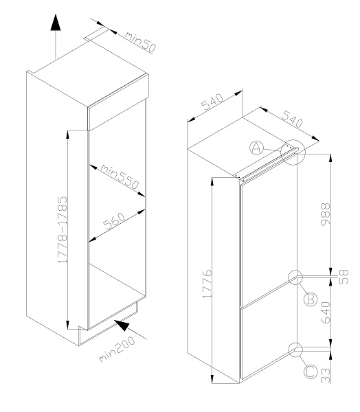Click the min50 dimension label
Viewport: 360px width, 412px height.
point(140,42)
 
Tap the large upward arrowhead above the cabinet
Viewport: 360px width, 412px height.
point(56,23)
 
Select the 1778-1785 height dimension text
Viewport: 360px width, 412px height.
point(63,229)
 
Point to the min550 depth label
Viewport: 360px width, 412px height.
point(120,176)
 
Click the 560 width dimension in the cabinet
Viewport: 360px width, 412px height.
point(114,221)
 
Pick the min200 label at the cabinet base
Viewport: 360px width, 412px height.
point(117,349)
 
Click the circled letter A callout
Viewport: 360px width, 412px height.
point(256,148)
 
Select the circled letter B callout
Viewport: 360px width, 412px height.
point(311,299)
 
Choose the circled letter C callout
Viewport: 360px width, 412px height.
point(311,371)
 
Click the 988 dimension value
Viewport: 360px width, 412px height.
point(325,214)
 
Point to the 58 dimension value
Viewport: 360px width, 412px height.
point(344,277)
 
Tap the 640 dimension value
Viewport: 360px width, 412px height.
point(325,312)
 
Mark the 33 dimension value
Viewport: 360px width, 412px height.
point(325,376)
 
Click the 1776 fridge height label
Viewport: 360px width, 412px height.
point(207,283)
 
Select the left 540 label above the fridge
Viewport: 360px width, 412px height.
point(212,102)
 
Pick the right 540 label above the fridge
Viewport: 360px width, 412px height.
point(293,119)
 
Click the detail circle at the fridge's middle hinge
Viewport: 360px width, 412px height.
point(295,277)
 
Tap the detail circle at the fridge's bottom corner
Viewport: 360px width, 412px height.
point(295,350)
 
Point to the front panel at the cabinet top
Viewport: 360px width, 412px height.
point(118,102)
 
